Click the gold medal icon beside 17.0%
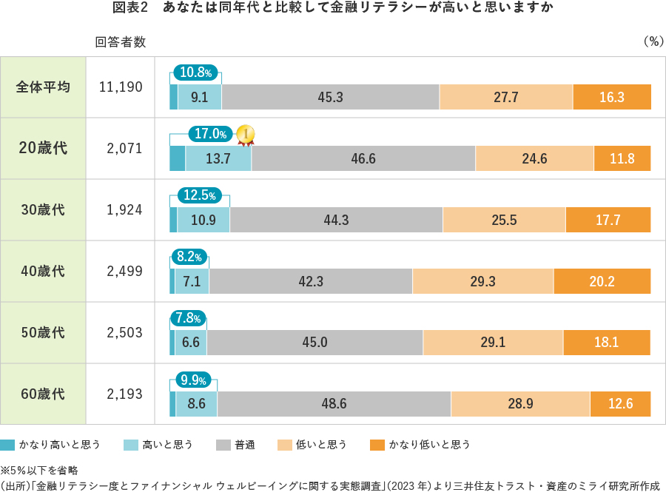click(245, 135)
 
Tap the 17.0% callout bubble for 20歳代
click(211, 134)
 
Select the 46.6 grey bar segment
click(363, 158)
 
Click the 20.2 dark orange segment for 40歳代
click(602, 281)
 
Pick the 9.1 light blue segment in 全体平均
click(199, 97)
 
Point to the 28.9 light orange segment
click(520, 404)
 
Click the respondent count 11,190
click(121, 87)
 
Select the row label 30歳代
click(43, 209)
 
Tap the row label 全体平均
click(43, 87)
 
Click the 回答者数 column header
click(121, 42)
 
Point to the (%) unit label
click(652, 42)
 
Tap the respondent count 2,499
click(124, 271)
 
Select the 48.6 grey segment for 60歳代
click(334, 404)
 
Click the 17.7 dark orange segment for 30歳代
click(608, 220)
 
